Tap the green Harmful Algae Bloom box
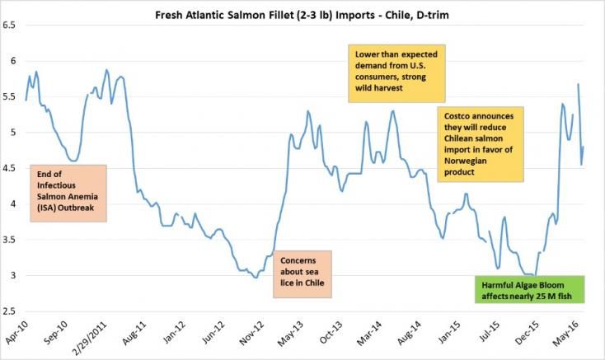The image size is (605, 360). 533,290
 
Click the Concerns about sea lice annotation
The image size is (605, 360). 301,274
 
